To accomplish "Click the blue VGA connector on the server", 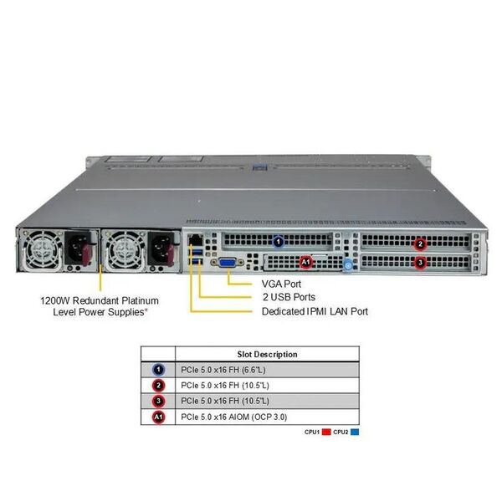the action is coord(227,263).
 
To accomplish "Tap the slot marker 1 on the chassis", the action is coord(279,242).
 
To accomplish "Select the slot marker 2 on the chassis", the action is coord(420,244).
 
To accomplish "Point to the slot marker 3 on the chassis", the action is coord(420,263).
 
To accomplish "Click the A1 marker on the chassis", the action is coord(305,263).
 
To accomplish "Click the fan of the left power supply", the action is coord(42,250).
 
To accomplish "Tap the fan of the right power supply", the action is coord(124,250).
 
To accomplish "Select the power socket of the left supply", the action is coord(78,248).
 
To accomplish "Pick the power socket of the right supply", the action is coord(161,248).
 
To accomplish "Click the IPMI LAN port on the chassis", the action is coord(195,239).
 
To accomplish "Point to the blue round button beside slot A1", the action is coord(348,265).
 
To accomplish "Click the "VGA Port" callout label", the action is coord(281,284).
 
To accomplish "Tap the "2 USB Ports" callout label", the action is coord(289,297).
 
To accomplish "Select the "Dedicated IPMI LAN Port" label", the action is coord(315,311).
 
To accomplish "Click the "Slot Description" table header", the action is coord(268,355).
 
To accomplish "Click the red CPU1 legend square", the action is coord(326,432).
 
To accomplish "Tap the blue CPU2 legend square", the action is coord(355,432).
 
